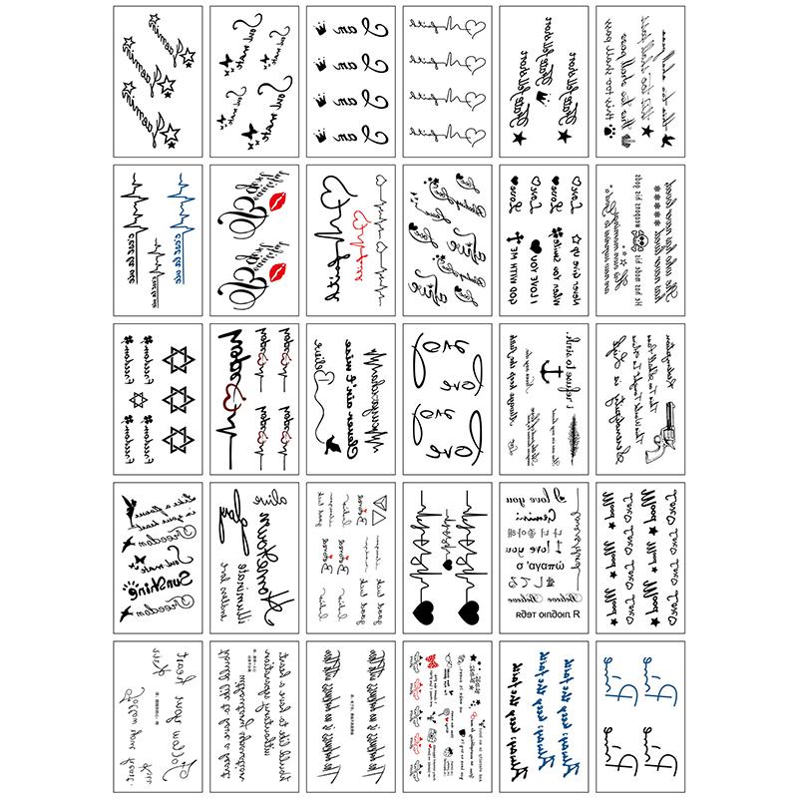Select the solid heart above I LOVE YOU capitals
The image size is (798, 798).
coord(536,245)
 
